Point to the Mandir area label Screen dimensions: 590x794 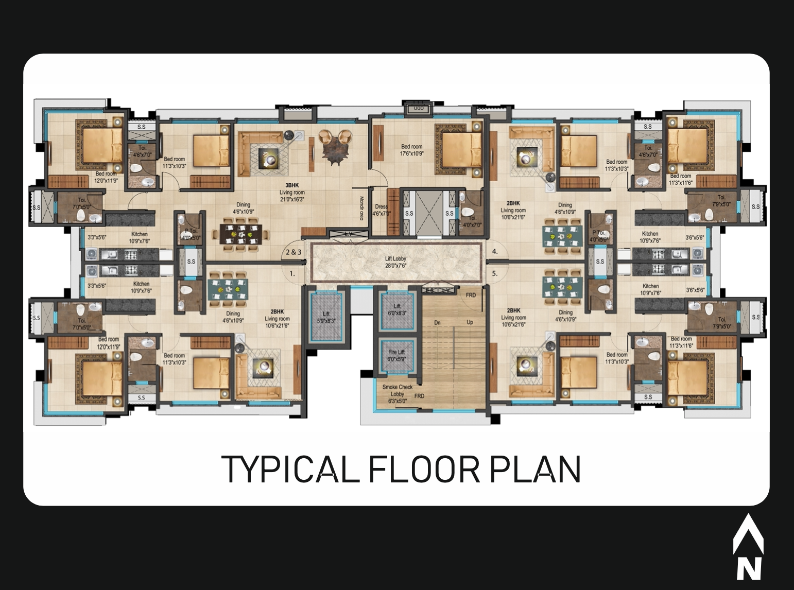click(361, 209)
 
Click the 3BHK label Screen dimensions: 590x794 click(292, 185)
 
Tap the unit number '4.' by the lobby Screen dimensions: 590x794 click(495, 252)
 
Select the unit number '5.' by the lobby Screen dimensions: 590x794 click(495, 274)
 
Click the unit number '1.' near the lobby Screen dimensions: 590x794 click(292, 274)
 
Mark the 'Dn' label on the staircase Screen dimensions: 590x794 click(437, 323)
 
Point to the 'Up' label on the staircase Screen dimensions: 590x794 click(470, 323)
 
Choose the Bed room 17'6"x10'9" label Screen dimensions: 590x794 click(411, 150)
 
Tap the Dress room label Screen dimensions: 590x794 click(381, 210)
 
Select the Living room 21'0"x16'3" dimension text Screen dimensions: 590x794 click(292, 196)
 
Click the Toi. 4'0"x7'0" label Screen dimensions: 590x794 click(469, 221)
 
